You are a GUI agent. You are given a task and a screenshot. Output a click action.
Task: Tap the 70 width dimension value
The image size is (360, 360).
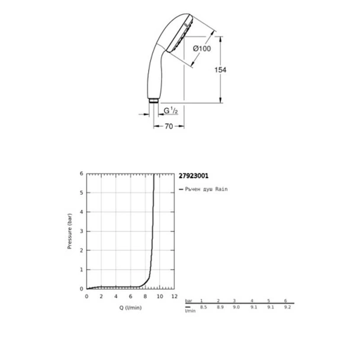169,126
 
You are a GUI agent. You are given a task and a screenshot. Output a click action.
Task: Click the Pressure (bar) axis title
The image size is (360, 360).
69,230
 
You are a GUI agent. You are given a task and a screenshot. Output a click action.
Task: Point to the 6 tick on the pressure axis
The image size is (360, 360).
82,173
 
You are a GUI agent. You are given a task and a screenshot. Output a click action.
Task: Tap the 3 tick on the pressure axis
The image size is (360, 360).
82,231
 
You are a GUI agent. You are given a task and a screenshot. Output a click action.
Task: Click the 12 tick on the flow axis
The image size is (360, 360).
174,295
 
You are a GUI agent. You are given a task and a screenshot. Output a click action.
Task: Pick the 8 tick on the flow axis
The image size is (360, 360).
145,295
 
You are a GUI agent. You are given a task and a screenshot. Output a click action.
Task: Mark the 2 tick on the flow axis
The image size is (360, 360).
101,295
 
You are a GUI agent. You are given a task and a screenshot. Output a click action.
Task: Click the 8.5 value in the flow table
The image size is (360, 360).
204,306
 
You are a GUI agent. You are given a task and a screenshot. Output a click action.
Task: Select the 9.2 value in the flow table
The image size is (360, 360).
288,306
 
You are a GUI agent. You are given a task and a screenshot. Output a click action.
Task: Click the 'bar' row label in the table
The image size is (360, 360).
188,301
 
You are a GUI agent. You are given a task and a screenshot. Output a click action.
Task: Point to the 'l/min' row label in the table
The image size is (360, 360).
189,309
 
